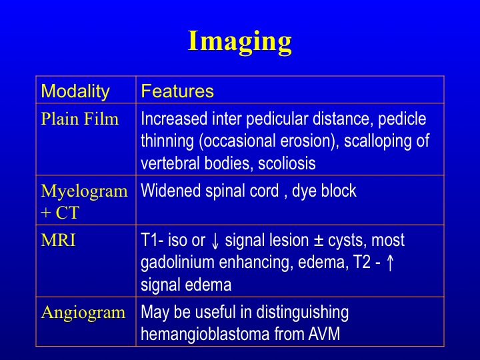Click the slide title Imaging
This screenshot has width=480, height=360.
point(240,42)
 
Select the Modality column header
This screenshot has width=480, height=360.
point(75,91)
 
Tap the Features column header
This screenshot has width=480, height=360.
point(177,91)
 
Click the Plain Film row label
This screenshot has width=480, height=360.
point(79,119)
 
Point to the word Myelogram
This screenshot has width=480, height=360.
point(84,192)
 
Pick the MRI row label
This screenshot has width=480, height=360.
point(58,240)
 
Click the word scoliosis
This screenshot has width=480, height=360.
point(287,163)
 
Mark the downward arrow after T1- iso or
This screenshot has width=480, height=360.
point(215,241)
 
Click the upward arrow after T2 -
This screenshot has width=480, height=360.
point(390,263)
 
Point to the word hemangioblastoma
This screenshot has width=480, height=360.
point(205,334)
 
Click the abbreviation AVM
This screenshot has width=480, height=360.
point(324,334)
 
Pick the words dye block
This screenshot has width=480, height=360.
point(324,191)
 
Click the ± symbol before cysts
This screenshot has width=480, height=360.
point(319,241)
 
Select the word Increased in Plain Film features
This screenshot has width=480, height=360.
point(174,119)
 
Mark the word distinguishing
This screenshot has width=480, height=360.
point(303,313)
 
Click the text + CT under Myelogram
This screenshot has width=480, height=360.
point(60,213)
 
